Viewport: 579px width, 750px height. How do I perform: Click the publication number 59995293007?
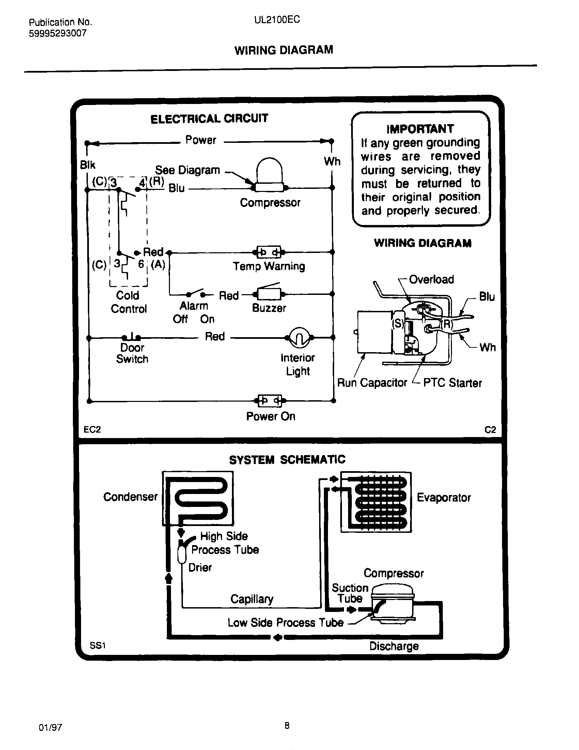click(58, 33)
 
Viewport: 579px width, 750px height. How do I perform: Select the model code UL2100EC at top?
click(277, 19)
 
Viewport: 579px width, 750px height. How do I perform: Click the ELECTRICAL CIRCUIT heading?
click(209, 119)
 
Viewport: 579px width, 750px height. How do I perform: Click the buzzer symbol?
click(269, 294)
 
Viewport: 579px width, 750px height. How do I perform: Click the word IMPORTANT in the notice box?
click(420, 129)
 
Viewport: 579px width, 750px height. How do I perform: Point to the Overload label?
click(431, 280)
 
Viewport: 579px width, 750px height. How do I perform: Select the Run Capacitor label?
click(372, 382)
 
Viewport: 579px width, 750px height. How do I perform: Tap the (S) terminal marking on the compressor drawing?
click(397, 323)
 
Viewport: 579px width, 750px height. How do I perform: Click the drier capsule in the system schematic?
click(182, 554)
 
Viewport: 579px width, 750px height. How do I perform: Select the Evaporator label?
click(443, 497)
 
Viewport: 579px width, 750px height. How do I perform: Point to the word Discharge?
click(394, 646)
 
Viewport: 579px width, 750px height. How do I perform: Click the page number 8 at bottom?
click(287, 725)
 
